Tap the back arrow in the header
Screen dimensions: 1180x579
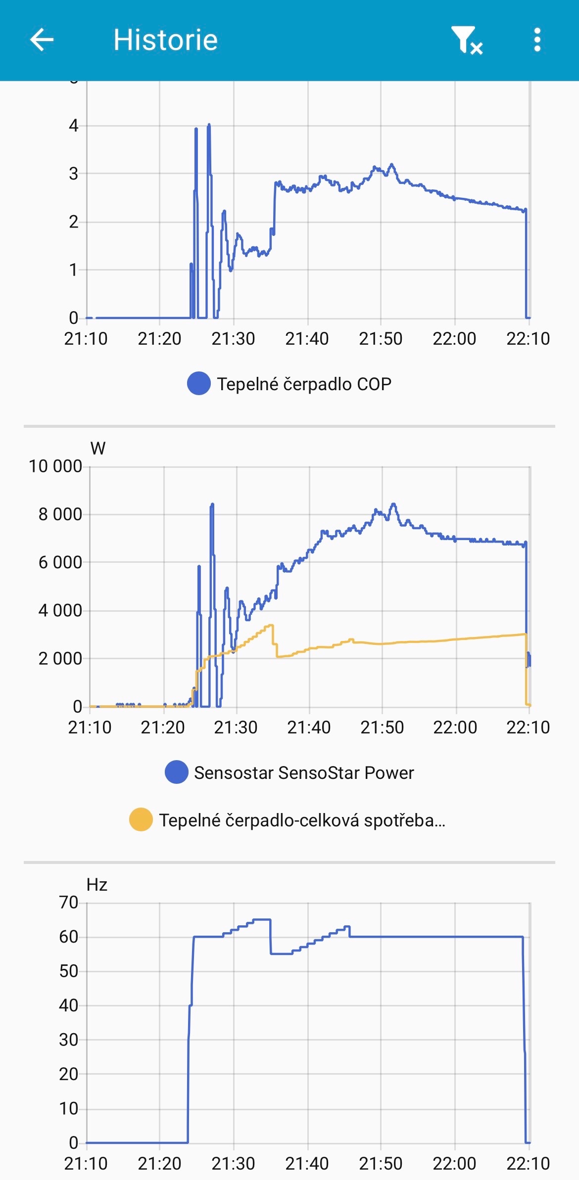tap(42, 40)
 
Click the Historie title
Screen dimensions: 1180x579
tap(165, 40)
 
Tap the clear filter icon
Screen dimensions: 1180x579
tap(466, 40)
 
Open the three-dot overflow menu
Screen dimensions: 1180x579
tap(537, 40)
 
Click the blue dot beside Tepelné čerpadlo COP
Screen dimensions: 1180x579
tap(199, 384)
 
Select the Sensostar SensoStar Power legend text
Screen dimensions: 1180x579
tap(303, 773)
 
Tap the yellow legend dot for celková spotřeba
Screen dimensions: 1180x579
tap(141, 820)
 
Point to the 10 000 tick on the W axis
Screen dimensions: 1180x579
tap(55, 466)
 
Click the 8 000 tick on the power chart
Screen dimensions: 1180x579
tap(60, 514)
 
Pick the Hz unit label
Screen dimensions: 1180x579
tap(97, 885)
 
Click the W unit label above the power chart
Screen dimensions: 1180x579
tap(97, 449)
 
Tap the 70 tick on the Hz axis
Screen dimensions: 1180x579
tap(69, 903)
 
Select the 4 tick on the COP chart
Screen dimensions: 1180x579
tap(74, 126)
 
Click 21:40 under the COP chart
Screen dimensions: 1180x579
tap(307, 339)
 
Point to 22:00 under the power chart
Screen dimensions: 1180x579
tap(455, 727)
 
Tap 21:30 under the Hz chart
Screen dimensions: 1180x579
tap(233, 1164)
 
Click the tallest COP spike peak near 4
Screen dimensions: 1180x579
tap(209, 125)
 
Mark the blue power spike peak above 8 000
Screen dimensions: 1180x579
tap(212, 504)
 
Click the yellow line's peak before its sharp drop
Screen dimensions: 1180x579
tap(271, 626)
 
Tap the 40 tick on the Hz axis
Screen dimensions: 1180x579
tap(69, 1005)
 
